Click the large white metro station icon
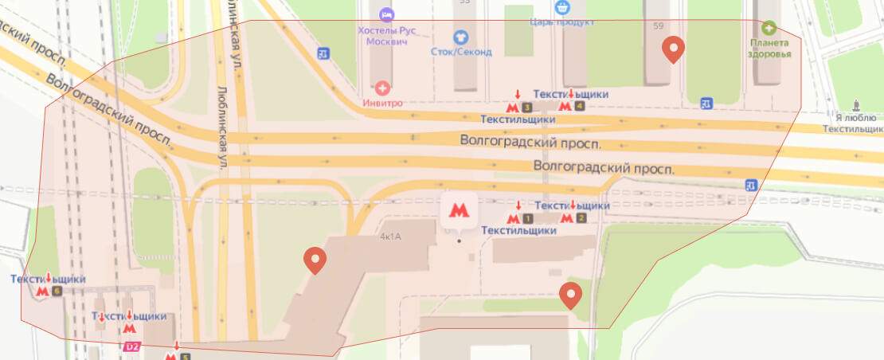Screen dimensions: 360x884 (458, 210)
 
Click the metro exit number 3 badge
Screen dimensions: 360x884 (526, 107)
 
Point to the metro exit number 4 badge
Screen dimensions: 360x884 (579, 107)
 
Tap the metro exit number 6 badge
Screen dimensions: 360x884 (56, 292)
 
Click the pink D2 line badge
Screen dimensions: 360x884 (131, 347)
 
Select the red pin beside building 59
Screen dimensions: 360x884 (674, 49)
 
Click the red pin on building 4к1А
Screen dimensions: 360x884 (316, 260)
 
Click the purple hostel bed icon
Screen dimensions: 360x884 (387, 14)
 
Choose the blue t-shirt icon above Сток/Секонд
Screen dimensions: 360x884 (460, 37)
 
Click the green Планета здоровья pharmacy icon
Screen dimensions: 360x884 (769, 26)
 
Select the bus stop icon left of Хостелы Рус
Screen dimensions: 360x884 (323, 53)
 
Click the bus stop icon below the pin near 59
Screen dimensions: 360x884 (706, 104)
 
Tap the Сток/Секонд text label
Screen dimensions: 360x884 (462, 52)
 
